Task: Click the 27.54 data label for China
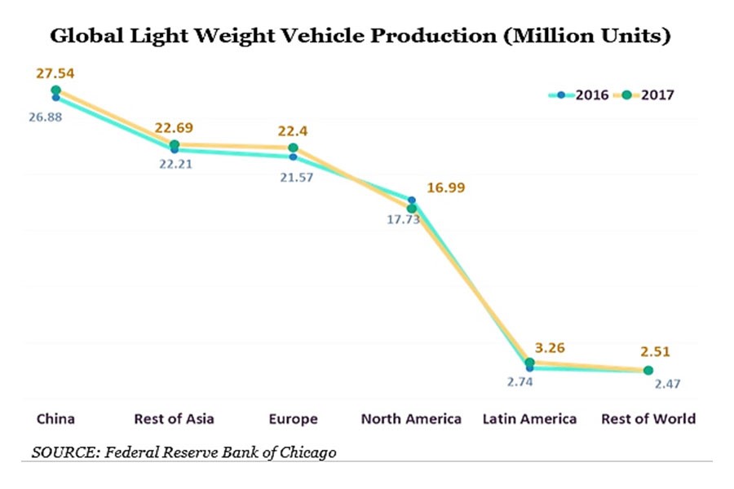[x=55, y=73]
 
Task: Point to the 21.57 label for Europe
[x=294, y=177]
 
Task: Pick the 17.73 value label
[x=403, y=219]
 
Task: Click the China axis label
[x=55, y=419]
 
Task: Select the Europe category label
[x=293, y=419]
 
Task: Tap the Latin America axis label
[x=530, y=419]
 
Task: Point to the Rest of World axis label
[x=648, y=419]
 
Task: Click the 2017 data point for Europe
[x=294, y=148]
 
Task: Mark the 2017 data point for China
[x=55, y=90]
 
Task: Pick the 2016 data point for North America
[x=412, y=200]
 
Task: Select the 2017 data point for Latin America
[x=530, y=362]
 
